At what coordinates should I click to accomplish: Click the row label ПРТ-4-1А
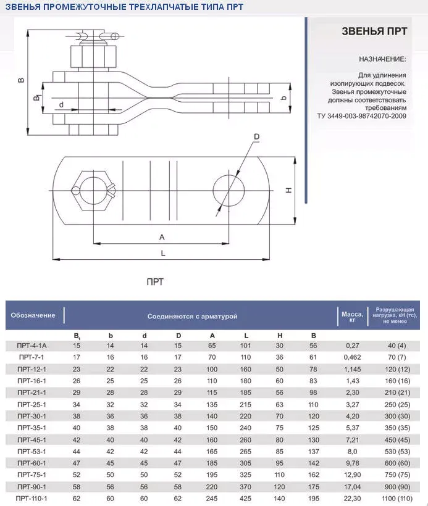(32, 346)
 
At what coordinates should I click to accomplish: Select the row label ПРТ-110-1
(32, 497)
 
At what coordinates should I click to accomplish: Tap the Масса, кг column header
(348, 316)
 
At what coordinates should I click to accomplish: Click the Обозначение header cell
(33, 315)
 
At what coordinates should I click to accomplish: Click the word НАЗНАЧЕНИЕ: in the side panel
(382, 59)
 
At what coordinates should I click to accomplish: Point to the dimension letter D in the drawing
(256, 137)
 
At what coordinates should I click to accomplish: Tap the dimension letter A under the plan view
(162, 237)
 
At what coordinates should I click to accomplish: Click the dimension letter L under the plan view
(162, 252)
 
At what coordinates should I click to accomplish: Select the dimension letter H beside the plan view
(288, 191)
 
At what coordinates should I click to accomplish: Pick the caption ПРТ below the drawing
(155, 281)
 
